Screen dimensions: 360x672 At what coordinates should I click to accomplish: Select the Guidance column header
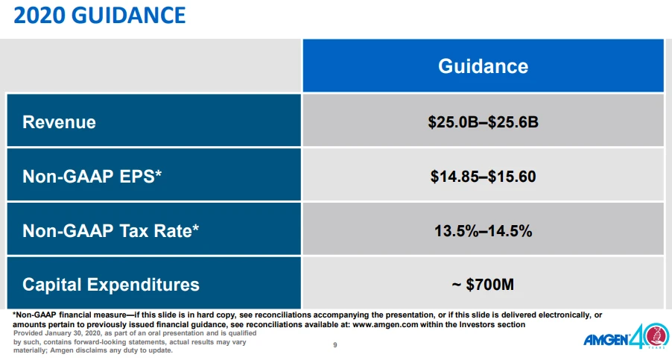tap(483, 66)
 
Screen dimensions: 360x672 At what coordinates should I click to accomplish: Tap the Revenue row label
tap(59, 121)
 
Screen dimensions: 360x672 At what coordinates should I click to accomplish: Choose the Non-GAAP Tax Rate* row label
tap(111, 230)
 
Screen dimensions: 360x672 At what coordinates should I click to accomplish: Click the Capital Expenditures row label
tap(111, 284)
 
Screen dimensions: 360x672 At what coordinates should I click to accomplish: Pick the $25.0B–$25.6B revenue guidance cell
tap(483, 121)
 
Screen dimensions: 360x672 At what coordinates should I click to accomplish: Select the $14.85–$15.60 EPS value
tap(483, 177)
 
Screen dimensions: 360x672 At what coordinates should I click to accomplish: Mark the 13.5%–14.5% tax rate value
tap(483, 230)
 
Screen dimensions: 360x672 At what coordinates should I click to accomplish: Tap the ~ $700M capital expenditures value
tap(483, 284)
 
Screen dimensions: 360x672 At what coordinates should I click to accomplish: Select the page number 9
tap(335, 345)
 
